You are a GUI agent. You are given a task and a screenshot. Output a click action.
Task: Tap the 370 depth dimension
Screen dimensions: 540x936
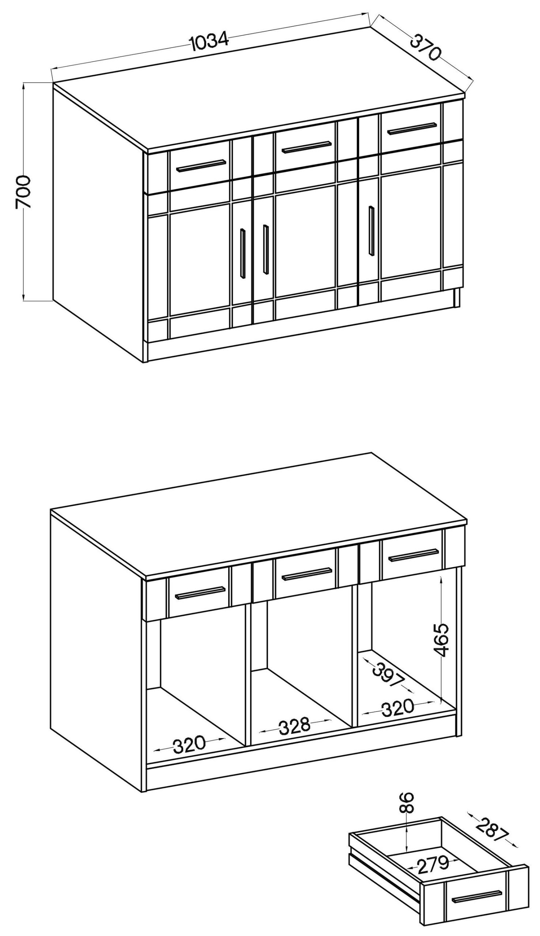point(425,47)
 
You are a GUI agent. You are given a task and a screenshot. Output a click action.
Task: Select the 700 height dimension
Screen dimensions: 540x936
point(23,192)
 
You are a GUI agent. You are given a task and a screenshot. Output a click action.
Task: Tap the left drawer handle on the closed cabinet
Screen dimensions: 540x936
point(201,166)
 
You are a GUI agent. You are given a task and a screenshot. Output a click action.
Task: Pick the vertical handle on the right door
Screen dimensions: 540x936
point(371,230)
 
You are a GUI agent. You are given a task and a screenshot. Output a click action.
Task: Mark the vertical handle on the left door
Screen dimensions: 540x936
point(242,253)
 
